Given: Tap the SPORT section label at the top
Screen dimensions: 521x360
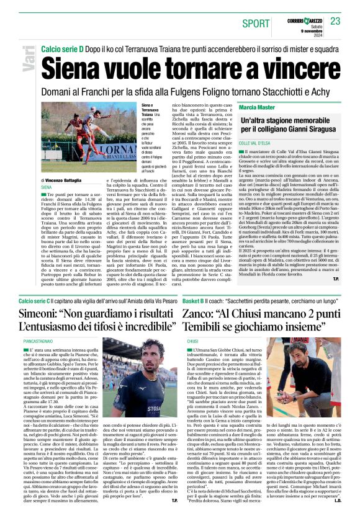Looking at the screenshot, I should pos(256,23).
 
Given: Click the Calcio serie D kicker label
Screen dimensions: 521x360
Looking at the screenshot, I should pos(63,48).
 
